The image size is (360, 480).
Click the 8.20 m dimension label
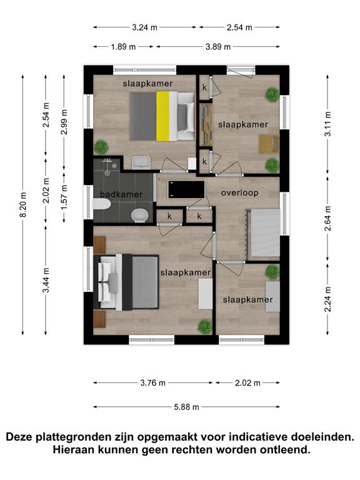pyautogui.click(x=24, y=204)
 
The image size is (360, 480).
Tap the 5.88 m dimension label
pyautogui.click(x=187, y=407)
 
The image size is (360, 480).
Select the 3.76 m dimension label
pyautogui.click(x=152, y=382)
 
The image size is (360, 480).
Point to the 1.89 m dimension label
pyautogui.click(x=123, y=47)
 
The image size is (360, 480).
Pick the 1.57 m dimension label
pyautogui.click(x=64, y=197)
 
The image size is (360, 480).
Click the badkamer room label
pyautogui.click(x=121, y=194)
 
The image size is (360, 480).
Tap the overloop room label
pyautogui.click(x=240, y=193)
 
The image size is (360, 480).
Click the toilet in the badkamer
pyautogui.click(x=101, y=204)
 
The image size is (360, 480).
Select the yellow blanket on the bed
pyautogui.click(x=163, y=116)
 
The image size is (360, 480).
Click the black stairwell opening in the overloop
pyautogui.click(x=186, y=189)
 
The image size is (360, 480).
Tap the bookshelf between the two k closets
pyautogui.click(x=206, y=125)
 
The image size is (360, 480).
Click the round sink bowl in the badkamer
pyautogui.click(x=140, y=216)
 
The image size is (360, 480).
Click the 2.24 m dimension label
pyautogui.click(x=328, y=299)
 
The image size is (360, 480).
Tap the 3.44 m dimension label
pyautogui.click(x=46, y=280)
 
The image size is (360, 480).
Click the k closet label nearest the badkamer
pyautogui.click(x=169, y=216)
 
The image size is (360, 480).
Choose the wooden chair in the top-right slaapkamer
pyautogui.click(x=269, y=144)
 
